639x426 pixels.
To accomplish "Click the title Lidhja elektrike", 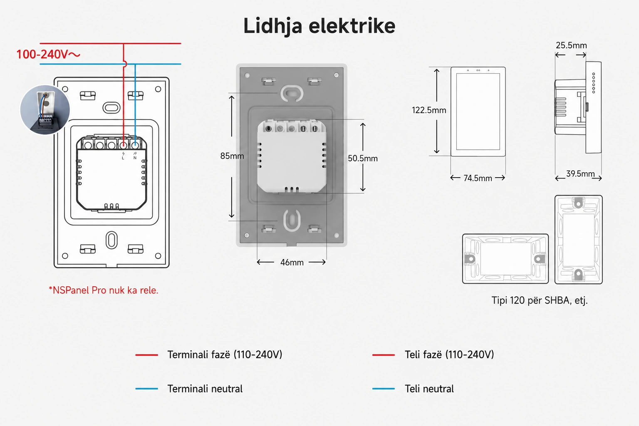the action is (x=319, y=26).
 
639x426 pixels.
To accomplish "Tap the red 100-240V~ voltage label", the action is (x=48, y=54).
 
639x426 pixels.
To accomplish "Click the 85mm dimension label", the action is (x=232, y=156).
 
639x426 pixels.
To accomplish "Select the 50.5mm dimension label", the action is (x=363, y=159).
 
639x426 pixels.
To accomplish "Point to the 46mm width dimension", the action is (x=292, y=262).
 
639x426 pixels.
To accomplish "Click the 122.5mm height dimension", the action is (x=429, y=110).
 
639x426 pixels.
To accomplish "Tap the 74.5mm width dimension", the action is (x=478, y=178).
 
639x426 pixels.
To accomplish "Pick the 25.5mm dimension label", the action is (x=571, y=45).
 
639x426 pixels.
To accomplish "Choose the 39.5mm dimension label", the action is (x=580, y=173).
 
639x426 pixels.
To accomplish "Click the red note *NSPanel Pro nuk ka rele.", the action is (x=103, y=290).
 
